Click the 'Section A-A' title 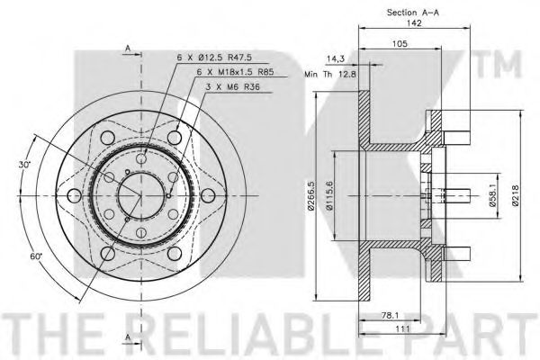(x=413, y=13)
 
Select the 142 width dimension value (x=414, y=23)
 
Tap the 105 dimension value (x=400, y=44)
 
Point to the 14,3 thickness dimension (x=336, y=59)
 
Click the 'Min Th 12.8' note (x=330, y=74)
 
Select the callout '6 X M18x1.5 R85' (x=236, y=72)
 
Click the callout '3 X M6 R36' (x=233, y=87)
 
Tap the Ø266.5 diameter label (x=310, y=195)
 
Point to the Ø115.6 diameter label (x=329, y=195)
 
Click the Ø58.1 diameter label (x=492, y=195)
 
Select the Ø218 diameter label (x=515, y=195)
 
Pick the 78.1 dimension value (x=390, y=315)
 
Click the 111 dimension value (x=402, y=328)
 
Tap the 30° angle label (x=25, y=165)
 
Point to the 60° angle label (x=36, y=256)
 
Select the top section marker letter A (x=128, y=49)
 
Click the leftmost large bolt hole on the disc (x=74, y=196)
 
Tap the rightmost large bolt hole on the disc (x=208, y=196)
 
